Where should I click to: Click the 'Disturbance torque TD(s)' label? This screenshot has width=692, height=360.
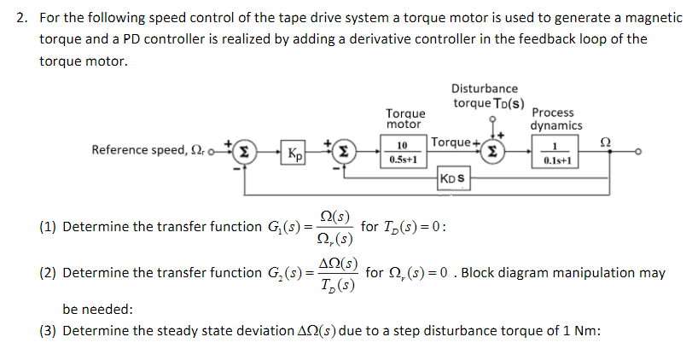(x=484, y=96)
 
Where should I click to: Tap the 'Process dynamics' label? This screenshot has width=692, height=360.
(x=556, y=119)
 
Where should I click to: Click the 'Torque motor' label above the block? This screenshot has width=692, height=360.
(x=405, y=119)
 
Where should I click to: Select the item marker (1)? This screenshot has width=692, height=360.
(x=49, y=227)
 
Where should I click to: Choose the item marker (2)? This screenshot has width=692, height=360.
(x=49, y=274)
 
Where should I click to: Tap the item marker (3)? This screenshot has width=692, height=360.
(x=49, y=331)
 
